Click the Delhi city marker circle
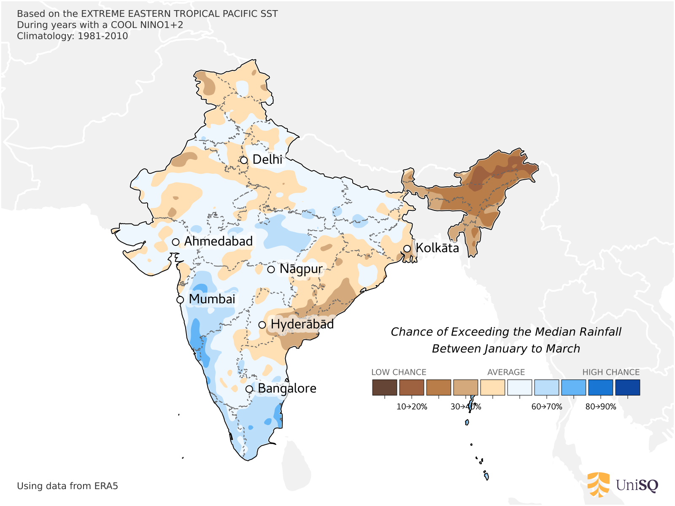(x=244, y=160)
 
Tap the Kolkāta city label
(x=437, y=248)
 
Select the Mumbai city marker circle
(x=180, y=300)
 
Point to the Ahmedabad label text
(x=218, y=241)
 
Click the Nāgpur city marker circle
(x=271, y=269)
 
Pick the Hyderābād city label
(x=302, y=324)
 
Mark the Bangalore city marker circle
(x=249, y=389)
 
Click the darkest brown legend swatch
(x=384, y=388)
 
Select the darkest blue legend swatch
(x=627, y=388)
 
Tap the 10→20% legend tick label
(x=412, y=407)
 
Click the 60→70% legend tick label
(x=547, y=407)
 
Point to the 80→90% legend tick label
(x=601, y=407)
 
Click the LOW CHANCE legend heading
(x=399, y=372)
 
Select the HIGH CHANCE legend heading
(x=611, y=372)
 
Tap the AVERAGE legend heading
(x=506, y=372)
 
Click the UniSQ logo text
(x=637, y=485)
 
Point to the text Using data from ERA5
(x=67, y=486)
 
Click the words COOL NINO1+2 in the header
(x=147, y=25)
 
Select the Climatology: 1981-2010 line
(x=72, y=36)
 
